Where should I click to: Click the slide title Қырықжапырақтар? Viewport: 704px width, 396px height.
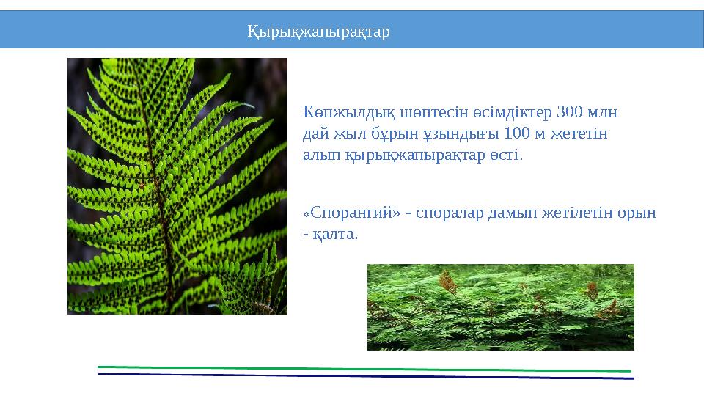coord(318,32)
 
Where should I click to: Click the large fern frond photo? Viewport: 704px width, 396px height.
coord(177,186)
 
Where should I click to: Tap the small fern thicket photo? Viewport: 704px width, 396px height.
coord(500,307)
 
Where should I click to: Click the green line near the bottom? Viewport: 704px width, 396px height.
coord(367,369)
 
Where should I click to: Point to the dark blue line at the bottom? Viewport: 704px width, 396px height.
coord(367,376)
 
